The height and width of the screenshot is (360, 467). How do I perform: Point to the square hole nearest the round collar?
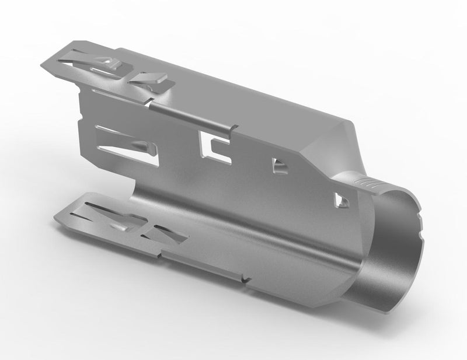pyautogui.click(x=340, y=200)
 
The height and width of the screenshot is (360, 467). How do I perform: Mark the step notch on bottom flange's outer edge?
pyautogui.click(x=160, y=255)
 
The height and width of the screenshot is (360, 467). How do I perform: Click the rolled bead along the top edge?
pyautogui.click(x=193, y=114)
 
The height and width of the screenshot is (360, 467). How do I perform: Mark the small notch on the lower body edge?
pyautogui.click(x=248, y=279)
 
